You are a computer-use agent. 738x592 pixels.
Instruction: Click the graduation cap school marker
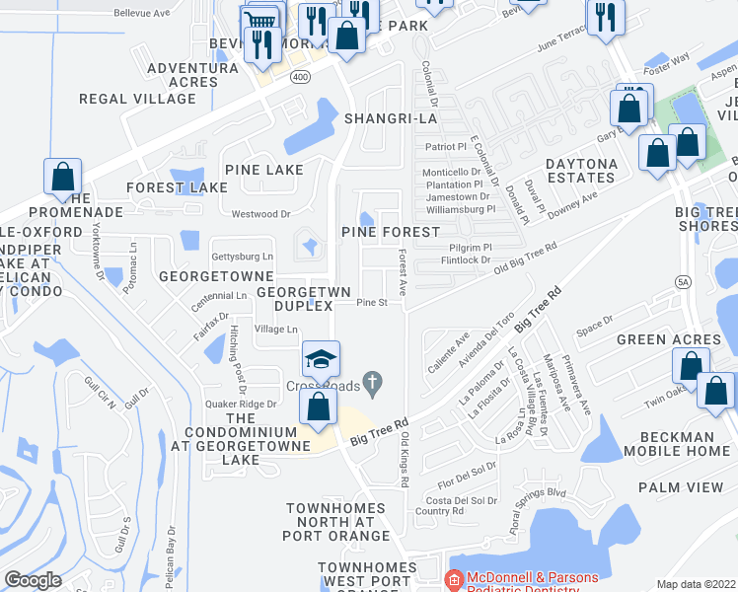[321, 359]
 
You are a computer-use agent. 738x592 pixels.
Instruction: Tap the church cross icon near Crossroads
[372, 381]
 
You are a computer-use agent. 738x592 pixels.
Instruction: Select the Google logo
[33, 579]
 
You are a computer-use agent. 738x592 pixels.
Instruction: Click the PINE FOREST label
[390, 231]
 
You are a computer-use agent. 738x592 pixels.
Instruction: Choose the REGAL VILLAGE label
[125, 99]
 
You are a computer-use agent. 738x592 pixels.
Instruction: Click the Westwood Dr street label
[260, 213]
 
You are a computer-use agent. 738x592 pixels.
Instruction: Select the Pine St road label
[371, 303]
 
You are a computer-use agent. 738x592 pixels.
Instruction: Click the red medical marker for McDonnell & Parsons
[454, 579]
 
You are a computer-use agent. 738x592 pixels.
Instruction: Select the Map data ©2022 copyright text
[696, 584]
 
